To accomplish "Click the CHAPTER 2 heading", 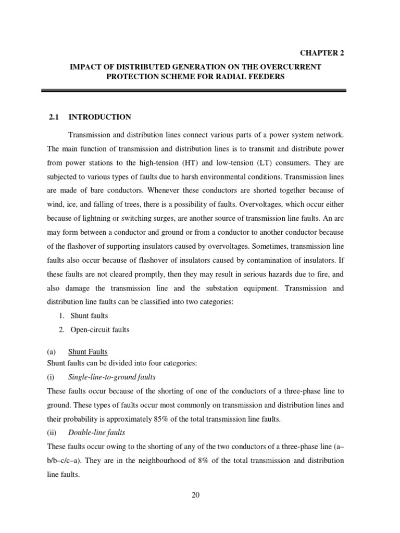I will coord(321,53).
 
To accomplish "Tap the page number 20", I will coord(195,494).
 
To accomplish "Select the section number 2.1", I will coord(54,117).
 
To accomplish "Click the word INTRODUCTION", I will coord(100,117).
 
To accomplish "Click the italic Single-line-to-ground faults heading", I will coord(112,376).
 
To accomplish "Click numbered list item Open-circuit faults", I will coord(99,329).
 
